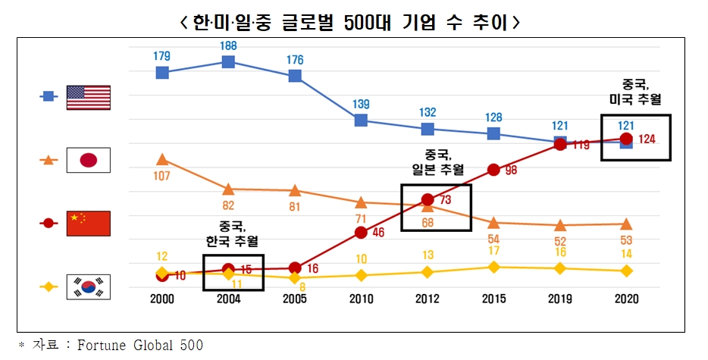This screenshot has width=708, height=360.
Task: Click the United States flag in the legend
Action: [x=89, y=97]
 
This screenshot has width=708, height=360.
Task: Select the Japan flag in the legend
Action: [x=89, y=160]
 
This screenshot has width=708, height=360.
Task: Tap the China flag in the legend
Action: [x=89, y=224]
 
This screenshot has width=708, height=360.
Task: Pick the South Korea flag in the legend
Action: [x=89, y=287]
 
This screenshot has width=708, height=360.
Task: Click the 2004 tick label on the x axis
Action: [x=228, y=299]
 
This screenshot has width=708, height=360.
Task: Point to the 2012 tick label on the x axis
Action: [x=427, y=299]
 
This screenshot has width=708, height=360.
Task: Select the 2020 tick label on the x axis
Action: [x=626, y=299]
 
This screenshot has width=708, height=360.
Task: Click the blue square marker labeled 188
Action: [x=228, y=61]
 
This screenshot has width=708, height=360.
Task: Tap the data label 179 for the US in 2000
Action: [x=161, y=55]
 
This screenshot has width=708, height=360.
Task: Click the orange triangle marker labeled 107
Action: [x=162, y=159]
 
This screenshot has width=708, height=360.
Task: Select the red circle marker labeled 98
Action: [x=493, y=170]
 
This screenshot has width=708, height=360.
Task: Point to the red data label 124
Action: [x=647, y=139]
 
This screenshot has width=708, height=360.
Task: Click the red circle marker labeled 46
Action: [x=361, y=232]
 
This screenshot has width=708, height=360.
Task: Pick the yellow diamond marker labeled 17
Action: [x=493, y=267]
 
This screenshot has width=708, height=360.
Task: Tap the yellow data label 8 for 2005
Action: [x=302, y=287]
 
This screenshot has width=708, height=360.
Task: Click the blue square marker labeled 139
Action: [x=361, y=120]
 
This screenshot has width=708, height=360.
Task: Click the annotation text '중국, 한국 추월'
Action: [x=233, y=234]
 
